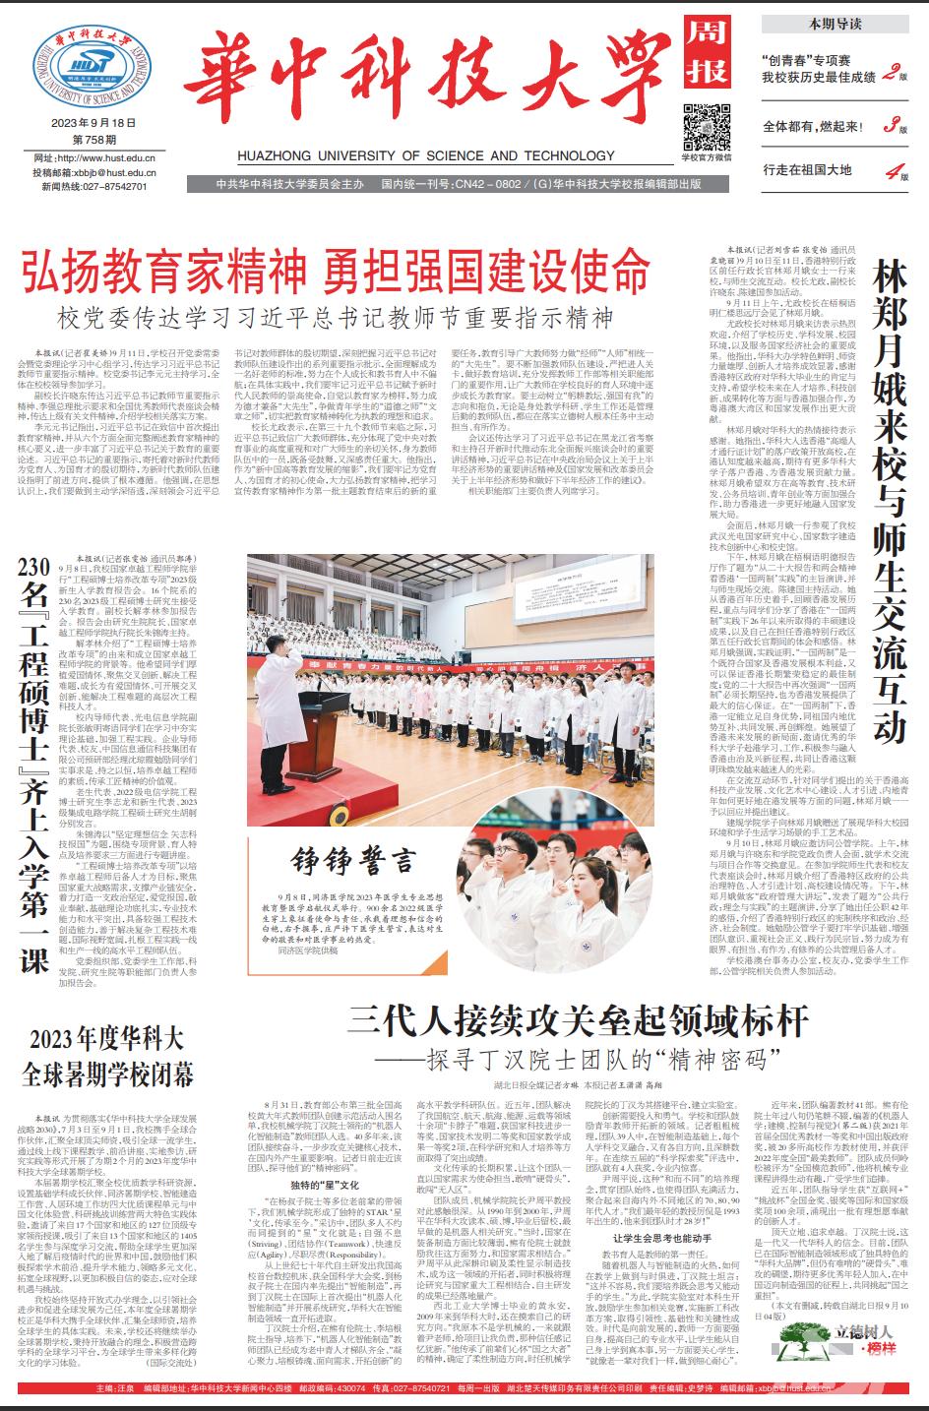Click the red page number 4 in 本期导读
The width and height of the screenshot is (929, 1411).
click(x=892, y=170)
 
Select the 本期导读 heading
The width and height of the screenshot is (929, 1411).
click(x=835, y=23)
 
